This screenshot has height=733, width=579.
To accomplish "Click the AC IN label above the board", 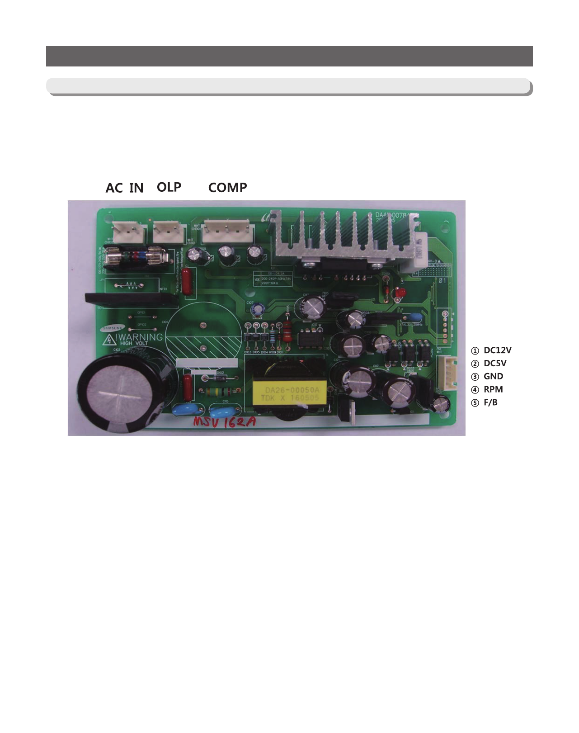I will (124, 188).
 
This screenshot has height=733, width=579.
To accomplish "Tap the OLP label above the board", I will (169, 187).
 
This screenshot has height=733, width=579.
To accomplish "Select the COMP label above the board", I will (227, 188).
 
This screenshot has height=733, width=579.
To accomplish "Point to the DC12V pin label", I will (497, 350).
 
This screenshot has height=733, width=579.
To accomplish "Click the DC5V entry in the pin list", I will (495, 364).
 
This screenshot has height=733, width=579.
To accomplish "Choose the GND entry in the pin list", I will (493, 377).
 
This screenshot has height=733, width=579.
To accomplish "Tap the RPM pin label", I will (493, 389).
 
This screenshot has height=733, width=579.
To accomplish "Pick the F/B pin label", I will (490, 402).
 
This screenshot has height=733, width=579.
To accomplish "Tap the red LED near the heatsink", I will (399, 293).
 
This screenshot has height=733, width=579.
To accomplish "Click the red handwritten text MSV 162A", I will (225, 422).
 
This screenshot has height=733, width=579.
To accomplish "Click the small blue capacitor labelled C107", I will (258, 309).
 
